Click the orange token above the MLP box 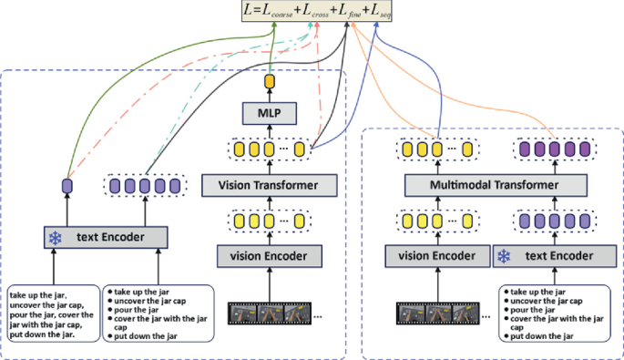269,83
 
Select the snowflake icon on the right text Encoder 503,257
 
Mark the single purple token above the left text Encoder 66,186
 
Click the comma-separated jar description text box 52,314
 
